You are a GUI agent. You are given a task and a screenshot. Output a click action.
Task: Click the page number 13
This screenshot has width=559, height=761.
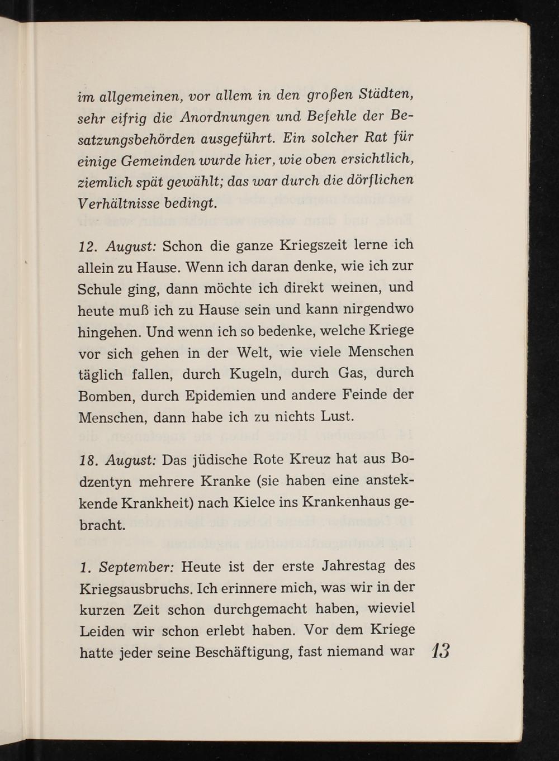(440, 653)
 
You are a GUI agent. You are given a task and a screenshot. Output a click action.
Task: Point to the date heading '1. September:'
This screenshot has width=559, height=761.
(127, 568)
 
